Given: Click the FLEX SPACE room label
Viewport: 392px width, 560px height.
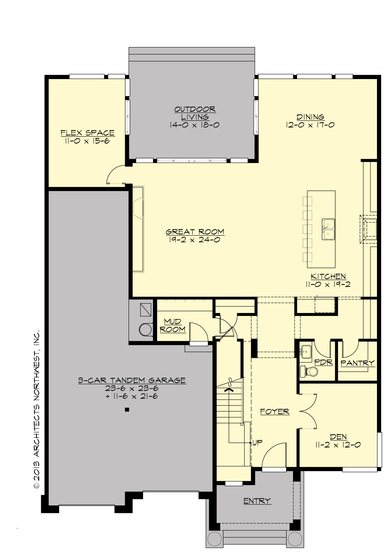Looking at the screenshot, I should pyautogui.click(x=88, y=133).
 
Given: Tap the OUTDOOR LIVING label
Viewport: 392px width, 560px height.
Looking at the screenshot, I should pyautogui.click(x=195, y=113).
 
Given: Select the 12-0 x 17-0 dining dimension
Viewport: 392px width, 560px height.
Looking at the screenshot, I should pyautogui.click(x=310, y=125).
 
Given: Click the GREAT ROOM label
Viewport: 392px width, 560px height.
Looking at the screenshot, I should pyautogui.click(x=195, y=232).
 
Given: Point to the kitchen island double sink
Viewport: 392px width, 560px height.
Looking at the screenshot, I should pyautogui.click(x=328, y=229).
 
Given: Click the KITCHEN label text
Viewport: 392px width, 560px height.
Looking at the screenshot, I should pyautogui.click(x=328, y=276).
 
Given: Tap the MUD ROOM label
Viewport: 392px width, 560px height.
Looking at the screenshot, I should pyautogui.click(x=172, y=325).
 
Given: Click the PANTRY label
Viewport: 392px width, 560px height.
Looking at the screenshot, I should pyautogui.click(x=357, y=363).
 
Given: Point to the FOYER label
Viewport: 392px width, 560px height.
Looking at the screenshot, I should pyautogui.click(x=275, y=411).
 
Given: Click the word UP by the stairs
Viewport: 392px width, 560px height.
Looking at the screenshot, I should pyautogui.click(x=258, y=442).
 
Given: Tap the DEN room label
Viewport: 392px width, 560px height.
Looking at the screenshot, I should pyautogui.click(x=338, y=437).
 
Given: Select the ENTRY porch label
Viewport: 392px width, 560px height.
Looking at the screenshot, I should pyautogui.click(x=257, y=501).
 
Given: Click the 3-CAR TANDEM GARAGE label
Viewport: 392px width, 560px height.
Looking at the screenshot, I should pyautogui.click(x=132, y=380).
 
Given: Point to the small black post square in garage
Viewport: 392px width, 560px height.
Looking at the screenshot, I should pyautogui.click(x=127, y=409).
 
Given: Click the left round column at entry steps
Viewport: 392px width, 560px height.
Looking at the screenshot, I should pyautogui.click(x=215, y=538).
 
